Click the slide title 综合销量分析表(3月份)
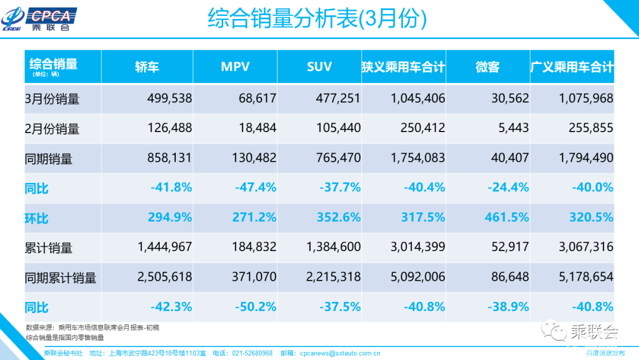coord(317,19)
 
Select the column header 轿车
coord(147,67)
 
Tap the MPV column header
coord(235,67)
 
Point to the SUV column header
coord(319,67)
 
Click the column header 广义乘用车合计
coord(572,67)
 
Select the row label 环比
coord(37,218)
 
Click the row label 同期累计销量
coord(60,278)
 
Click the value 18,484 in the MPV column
coord(257,128)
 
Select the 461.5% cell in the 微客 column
coord(506,218)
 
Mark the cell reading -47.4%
coord(255,188)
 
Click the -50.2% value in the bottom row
coord(255,307)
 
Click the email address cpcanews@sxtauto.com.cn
coord(339,353)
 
